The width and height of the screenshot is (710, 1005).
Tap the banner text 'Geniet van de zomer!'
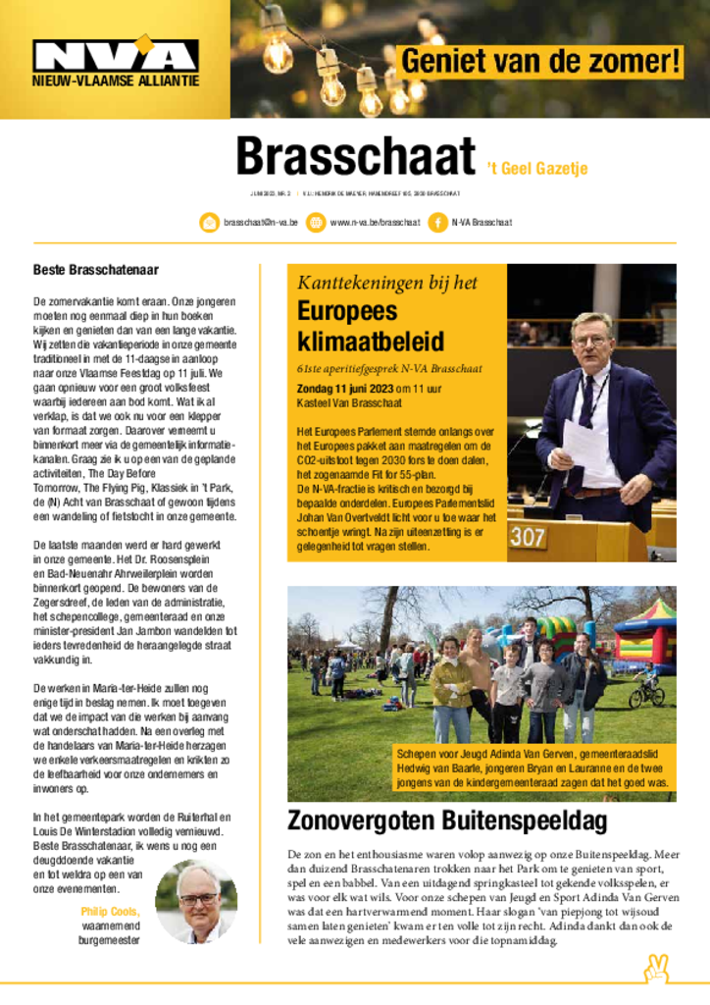pos(541,61)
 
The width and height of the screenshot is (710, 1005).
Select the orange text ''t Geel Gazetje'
pos(537,169)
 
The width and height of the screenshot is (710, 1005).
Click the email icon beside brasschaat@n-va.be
pos(209,223)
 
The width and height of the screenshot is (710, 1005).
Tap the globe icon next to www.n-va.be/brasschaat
pos(316,223)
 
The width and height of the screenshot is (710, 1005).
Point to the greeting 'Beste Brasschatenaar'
pos(96,269)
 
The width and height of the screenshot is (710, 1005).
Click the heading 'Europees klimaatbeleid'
pos(371,327)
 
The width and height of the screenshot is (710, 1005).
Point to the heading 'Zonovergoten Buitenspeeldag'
pos(447,820)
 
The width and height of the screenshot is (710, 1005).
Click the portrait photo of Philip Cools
pos(196,901)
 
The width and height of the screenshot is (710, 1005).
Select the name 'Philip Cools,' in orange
pos(111,911)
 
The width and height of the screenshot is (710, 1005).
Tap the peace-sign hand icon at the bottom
pos(655,970)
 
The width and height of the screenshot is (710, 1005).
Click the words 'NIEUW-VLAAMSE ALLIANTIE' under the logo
pos(115,80)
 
